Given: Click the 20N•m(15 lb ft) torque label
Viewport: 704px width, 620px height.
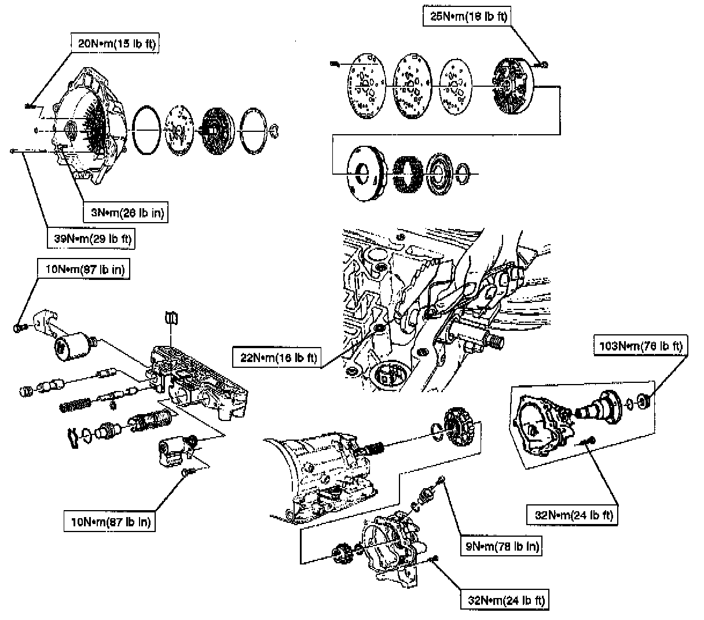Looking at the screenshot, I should [x=116, y=43].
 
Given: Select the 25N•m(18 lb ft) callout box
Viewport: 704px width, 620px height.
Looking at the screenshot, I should [x=465, y=16].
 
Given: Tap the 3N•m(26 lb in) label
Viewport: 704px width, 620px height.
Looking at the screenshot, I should [x=127, y=213].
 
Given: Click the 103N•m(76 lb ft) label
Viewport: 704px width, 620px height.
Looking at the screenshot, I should [x=639, y=346].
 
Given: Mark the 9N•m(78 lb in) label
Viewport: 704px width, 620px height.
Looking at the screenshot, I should [x=501, y=545].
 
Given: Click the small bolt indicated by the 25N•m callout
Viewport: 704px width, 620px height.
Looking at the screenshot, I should [x=544, y=65].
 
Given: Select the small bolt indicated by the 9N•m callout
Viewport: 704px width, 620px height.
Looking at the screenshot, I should [x=442, y=479].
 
